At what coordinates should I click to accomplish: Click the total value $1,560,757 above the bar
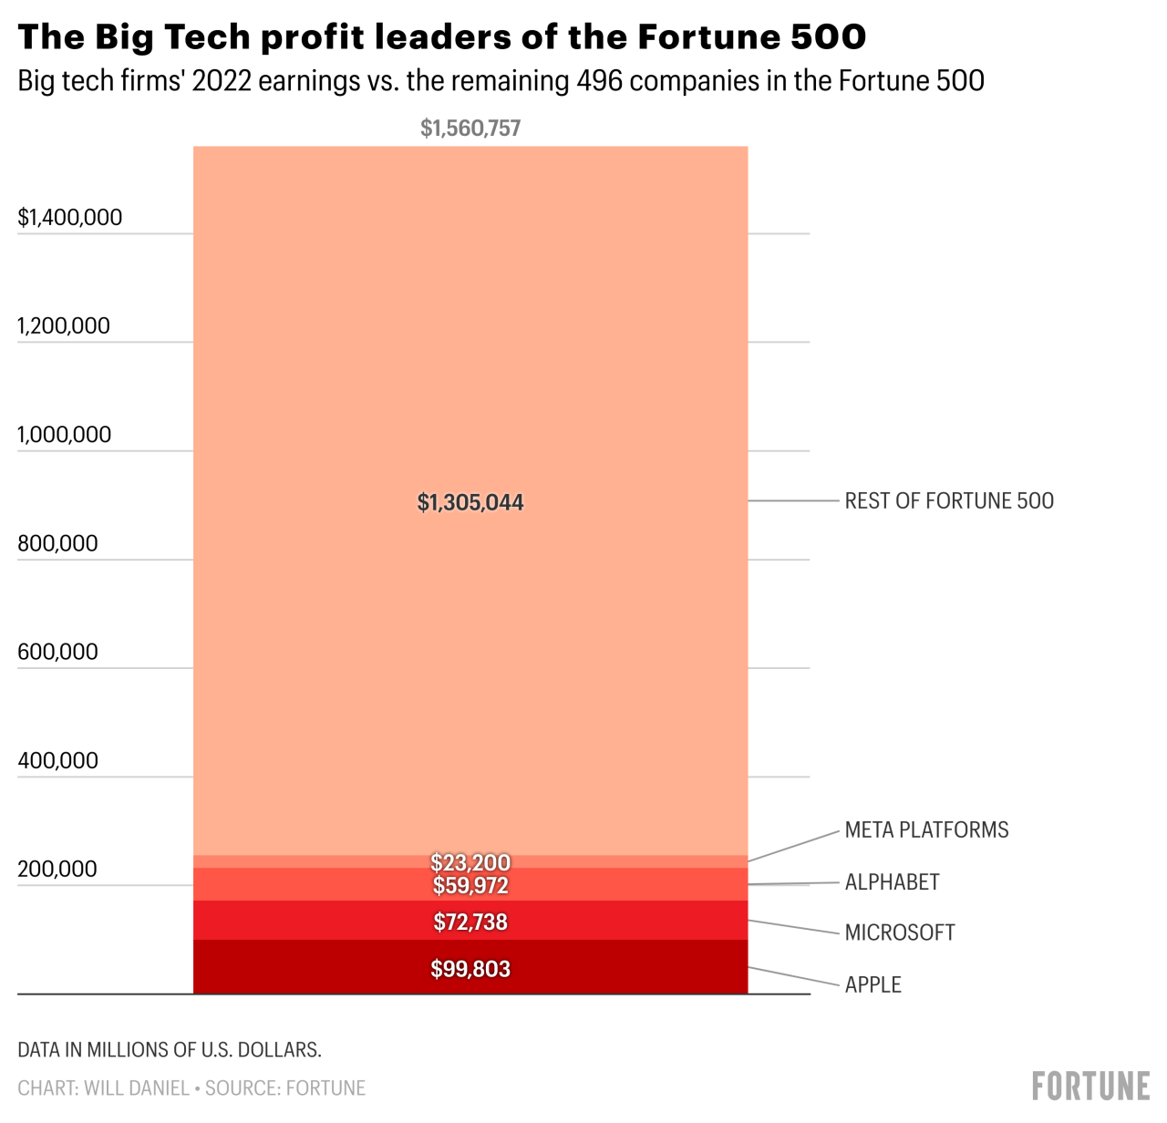pyautogui.click(x=470, y=129)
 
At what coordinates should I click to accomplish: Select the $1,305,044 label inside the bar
pyautogui.click(x=470, y=502)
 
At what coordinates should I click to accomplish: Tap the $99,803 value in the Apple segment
pyautogui.click(x=470, y=969)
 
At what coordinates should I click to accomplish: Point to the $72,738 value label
pyautogui.click(x=470, y=922)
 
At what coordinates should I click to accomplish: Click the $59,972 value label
pyautogui.click(x=470, y=885)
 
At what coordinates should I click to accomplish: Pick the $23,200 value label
pyautogui.click(x=470, y=861)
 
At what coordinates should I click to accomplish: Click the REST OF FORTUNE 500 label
pyautogui.click(x=949, y=500)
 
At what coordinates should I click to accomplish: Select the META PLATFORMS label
pyautogui.click(x=926, y=829)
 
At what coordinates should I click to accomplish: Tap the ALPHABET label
pyautogui.click(x=892, y=881)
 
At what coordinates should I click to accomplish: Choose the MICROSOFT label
pyautogui.click(x=900, y=932)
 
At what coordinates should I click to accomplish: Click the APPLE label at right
pyautogui.click(x=873, y=984)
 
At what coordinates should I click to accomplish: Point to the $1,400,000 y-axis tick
pyautogui.click(x=70, y=217)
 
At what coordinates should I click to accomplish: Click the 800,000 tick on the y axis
pyautogui.click(x=57, y=543)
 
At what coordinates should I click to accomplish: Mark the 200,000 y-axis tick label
pyautogui.click(x=57, y=869)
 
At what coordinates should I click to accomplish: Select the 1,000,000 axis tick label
pyautogui.click(x=65, y=435)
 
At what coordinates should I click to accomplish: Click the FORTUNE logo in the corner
pyautogui.click(x=1090, y=1086)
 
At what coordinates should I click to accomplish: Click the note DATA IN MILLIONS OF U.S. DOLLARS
pyautogui.click(x=170, y=1049)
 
